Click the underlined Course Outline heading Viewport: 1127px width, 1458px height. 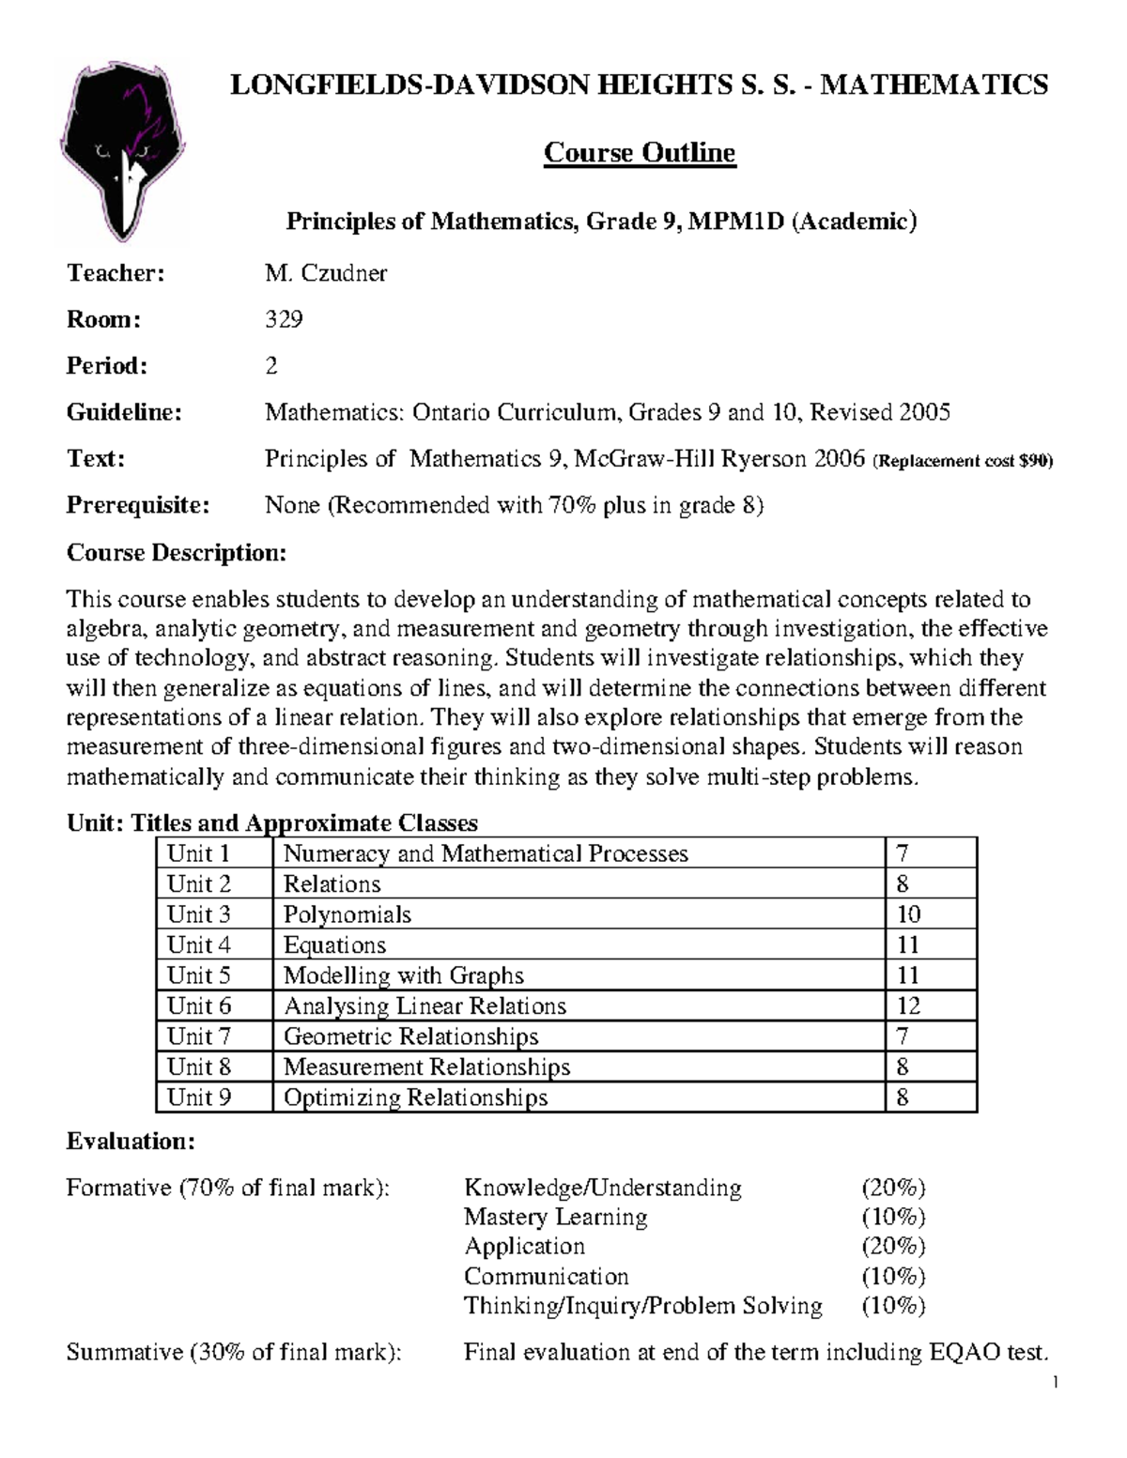pyautogui.click(x=639, y=153)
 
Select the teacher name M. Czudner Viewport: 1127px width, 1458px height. pyautogui.click(x=325, y=273)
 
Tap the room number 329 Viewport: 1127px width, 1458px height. pyautogui.click(x=283, y=319)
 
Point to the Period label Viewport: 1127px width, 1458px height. pyautogui.click(x=106, y=365)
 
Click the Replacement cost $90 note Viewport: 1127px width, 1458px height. pyautogui.click(x=963, y=461)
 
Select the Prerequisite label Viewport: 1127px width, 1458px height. pyautogui.click(x=137, y=505)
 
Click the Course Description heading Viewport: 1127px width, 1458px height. pyautogui.click(x=176, y=552)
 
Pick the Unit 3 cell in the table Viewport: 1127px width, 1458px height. pyautogui.click(x=198, y=914)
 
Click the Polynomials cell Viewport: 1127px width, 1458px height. pyautogui.click(x=347, y=914)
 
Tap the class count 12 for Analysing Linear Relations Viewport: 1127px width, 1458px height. pyautogui.click(x=907, y=1005)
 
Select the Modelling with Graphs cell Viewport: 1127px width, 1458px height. pyautogui.click(x=403, y=975)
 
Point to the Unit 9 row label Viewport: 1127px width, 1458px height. pyautogui.click(x=198, y=1097)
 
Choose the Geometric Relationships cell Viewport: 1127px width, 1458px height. pyautogui.click(x=410, y=1036)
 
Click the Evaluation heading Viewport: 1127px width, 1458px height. pyautogui.click(x=131, y=1142)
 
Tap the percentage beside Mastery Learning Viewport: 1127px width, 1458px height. pyautogui.click(x=893, y=1217)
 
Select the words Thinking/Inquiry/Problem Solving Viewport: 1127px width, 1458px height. pyautogui.click(x=642, y=1305)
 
